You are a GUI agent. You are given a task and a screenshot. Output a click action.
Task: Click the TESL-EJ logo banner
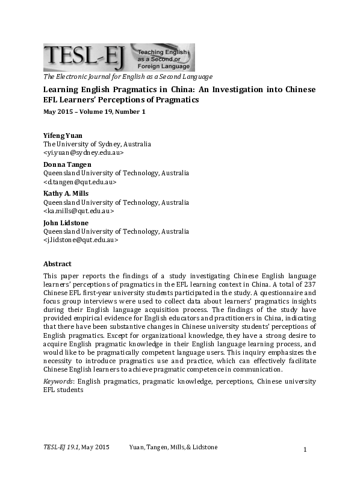(x=119, y=58)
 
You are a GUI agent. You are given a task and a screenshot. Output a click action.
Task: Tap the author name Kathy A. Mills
(x=66, y=193)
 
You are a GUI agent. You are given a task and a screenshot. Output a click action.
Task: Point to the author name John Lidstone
(x=66, y=222)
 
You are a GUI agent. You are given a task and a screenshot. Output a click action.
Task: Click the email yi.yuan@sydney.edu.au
(x=83, y=153)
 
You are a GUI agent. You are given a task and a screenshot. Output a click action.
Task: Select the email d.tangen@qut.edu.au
(x=80, y=182)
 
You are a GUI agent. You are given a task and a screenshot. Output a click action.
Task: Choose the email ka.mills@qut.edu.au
(x=78, y=211)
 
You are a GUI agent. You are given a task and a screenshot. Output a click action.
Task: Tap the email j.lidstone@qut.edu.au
(x=81, y=240)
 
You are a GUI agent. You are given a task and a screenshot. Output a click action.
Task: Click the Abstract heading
(x=57, y=264)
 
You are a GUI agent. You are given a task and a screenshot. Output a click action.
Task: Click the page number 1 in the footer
(x=305, y=449)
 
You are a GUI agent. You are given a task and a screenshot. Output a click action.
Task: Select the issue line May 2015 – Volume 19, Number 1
(x=94, y=111)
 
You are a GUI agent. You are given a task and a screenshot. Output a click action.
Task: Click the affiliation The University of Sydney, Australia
(x=97, y=145)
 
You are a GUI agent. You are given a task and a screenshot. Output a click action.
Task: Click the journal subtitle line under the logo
(x=127, y=76)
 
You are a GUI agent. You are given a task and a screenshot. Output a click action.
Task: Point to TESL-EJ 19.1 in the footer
(x=60, y=447)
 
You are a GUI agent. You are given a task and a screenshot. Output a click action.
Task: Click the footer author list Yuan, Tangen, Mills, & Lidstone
(x=173, y=447)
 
